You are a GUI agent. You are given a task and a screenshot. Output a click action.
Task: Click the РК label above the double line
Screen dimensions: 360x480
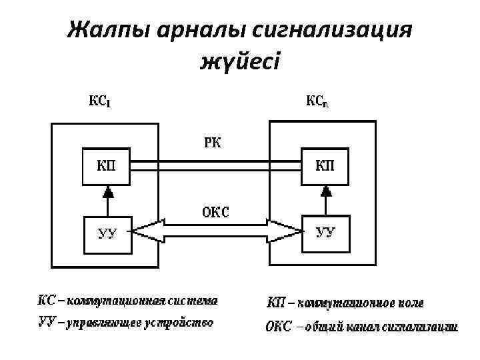click(x=214, y=141)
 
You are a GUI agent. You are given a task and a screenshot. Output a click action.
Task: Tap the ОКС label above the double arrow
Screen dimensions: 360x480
click(x=215, y=213)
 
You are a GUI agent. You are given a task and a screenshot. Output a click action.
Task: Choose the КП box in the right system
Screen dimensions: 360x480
click(x=325, y=167)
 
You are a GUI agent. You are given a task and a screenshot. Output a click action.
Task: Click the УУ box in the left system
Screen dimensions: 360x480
click(x=107, y=233)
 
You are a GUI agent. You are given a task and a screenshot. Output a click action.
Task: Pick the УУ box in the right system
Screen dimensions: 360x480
click(x=325, y=232)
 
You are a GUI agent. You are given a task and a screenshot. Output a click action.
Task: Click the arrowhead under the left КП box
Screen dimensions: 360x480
click(x=107, y=192)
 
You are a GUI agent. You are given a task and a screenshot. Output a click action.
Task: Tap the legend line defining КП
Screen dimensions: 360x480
click(x=345, y=303)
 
